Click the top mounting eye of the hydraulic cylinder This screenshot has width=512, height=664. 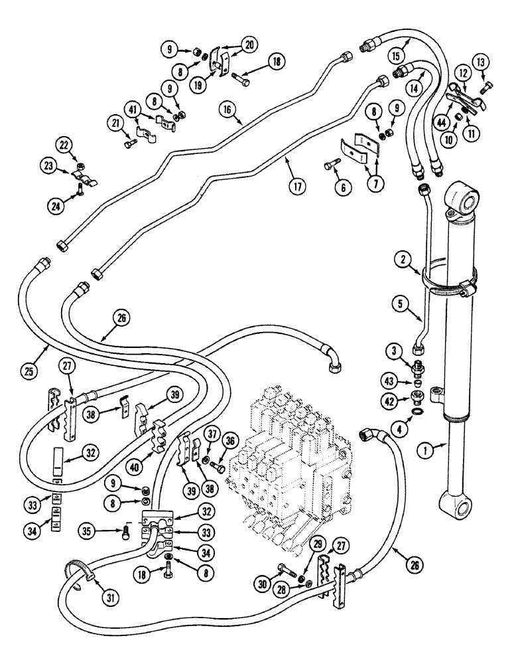click(464, 200)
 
